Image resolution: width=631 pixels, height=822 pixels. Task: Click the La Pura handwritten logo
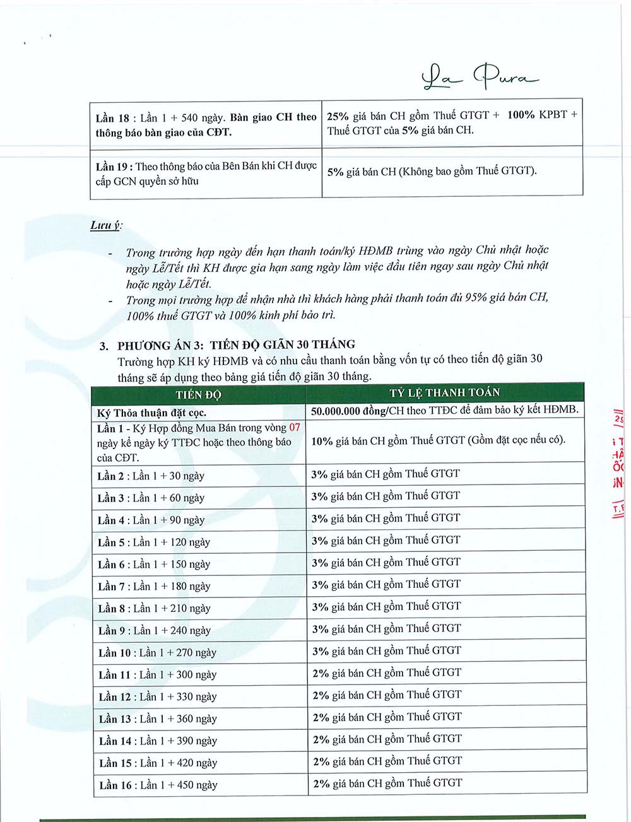480,79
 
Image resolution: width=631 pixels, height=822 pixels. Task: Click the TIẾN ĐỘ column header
198,395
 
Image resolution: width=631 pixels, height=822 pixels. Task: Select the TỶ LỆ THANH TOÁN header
444,393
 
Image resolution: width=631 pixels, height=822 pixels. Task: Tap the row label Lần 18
112,118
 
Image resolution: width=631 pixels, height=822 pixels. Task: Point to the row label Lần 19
114,167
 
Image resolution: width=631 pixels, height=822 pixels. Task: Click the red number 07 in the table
294,427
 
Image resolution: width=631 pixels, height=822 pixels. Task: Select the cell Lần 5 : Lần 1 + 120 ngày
154,542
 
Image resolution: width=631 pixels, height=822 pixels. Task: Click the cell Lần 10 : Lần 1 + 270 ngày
157,652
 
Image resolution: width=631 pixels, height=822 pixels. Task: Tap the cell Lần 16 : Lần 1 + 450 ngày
158,785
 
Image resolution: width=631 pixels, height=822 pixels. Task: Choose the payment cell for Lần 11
387,672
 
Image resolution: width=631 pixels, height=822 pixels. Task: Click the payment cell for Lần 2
386,474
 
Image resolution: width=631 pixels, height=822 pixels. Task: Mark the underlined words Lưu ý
105,226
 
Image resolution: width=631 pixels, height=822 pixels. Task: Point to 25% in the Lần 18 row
339,115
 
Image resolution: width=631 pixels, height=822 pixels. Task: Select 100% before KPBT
521,115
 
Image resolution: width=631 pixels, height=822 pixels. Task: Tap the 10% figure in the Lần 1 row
322,440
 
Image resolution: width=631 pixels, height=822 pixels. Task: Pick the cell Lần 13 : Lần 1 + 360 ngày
158,719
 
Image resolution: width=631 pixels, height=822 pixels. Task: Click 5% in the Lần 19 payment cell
335,171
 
